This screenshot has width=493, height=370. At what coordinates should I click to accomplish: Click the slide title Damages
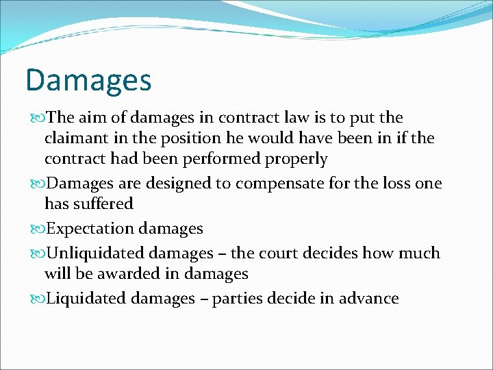[88, 80]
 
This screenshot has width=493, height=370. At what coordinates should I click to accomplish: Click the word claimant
[76, 138]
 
